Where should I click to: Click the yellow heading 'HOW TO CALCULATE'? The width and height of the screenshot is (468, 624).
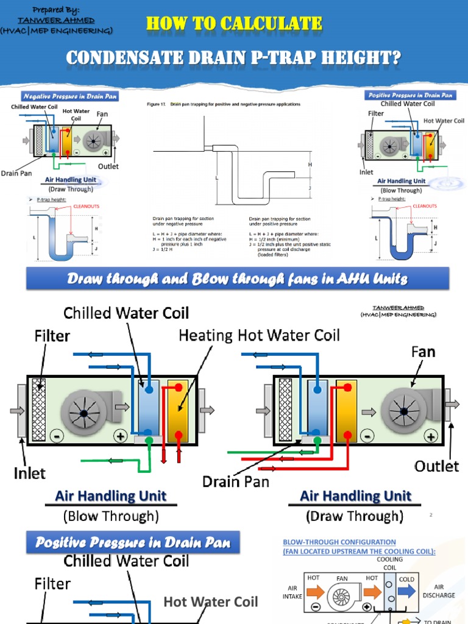click(x=234, y=24)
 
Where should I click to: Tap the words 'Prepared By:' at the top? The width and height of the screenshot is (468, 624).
click(x=56, y=10)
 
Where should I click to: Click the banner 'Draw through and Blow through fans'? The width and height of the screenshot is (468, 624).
click(x=237, y=278)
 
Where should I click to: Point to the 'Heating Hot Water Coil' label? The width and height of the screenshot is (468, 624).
click(x=259, y=335)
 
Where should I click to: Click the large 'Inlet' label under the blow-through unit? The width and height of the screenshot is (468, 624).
click(x=29, y=472)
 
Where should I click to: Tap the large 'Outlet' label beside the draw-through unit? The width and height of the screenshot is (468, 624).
click(x=436, y=466)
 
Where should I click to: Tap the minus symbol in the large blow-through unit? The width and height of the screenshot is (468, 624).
click(x=57, y=437)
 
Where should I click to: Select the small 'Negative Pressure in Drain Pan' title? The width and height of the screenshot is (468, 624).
click(x=70, y=96)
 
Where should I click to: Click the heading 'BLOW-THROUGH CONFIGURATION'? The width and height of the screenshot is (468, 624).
click(x=339, y=542)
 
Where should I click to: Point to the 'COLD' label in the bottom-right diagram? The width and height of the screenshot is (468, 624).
click(x=406, y=580)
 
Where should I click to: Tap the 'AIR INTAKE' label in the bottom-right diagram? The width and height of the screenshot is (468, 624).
click(x=292, y=592)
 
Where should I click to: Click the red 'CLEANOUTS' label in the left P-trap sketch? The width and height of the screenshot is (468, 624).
click(x=87, y=207)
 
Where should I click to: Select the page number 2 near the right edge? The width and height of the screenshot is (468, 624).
click(x=431, y=515)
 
